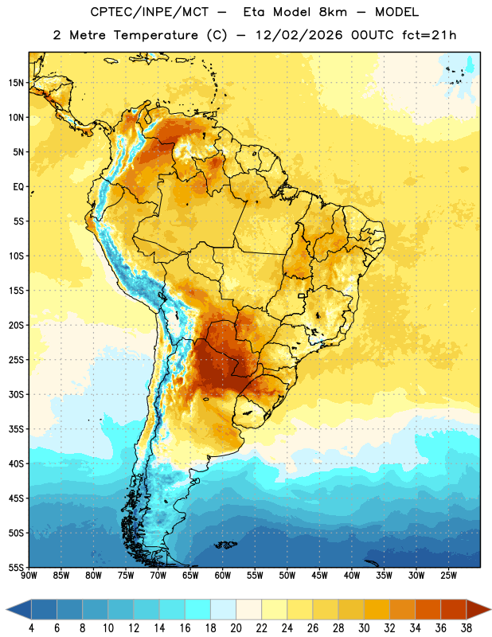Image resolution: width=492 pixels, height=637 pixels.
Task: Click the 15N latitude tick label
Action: click(x=16, y=83)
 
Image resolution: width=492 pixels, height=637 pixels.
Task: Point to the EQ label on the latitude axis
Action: click(x=18, y=187)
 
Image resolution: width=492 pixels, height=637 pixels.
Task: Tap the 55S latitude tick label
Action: click(x=16, y=568)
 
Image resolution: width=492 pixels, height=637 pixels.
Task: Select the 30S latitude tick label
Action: click(x=16, y=394)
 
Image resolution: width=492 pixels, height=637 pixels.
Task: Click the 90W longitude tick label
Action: click(x=29, y=576)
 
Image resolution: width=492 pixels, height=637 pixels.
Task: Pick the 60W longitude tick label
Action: click(x=223, y=576)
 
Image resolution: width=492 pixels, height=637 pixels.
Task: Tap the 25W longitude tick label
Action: click(x=448, y=576)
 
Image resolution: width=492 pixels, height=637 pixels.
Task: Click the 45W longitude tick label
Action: click(x=319, y=576)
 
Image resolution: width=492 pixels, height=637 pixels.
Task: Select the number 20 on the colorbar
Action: click(x=236, y=628)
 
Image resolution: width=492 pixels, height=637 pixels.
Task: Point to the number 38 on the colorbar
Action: click(x=466, y=628)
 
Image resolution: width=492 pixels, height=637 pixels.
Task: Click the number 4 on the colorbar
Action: click(x=31, y=628)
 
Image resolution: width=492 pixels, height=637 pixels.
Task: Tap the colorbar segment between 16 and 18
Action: click(x=197, y=609)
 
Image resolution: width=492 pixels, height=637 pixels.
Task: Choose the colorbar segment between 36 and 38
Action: click(x=454, y=609)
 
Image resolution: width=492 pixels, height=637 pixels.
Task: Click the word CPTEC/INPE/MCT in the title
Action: click(x=149, y=12)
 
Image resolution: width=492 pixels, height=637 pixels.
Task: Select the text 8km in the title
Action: click(x=333, y=12)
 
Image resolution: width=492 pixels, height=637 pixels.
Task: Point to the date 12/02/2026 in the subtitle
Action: click(x=299, y=35)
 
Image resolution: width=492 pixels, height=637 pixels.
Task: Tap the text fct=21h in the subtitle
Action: click(x=429, y=35)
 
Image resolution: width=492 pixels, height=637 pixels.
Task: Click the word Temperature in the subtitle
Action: click(x=155, y=35)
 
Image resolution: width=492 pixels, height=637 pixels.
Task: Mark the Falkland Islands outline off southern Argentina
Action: click(x=225, y=544)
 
